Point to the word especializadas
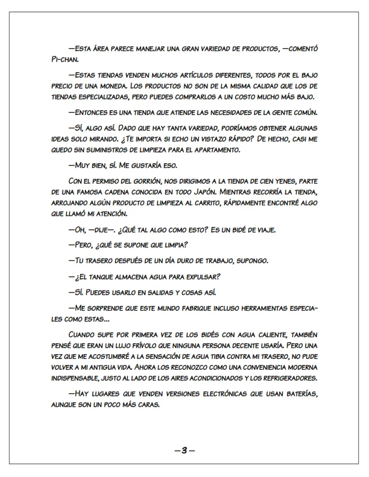tap(109, 98)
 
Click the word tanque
tap(106, 276)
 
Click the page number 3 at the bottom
tap(184, 449)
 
